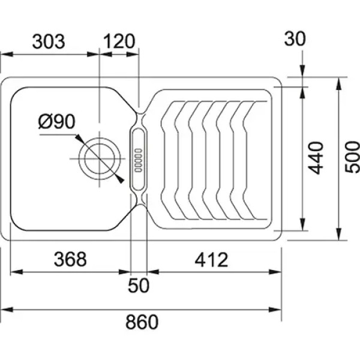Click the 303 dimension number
point(49,42)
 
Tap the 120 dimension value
point(119,41)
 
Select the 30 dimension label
point(295,38)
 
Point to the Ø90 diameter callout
point(57,121)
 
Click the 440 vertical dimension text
point(316,158)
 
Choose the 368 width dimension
point(70,259)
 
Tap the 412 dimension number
point(211,260)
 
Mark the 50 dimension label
point(139,286)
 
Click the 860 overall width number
point(142,322)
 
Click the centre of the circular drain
point(100,158)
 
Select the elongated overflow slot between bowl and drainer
point(139,160)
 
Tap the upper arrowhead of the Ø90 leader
point(79,138)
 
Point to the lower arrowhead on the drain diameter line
point(120,179)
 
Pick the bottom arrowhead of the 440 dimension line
point(302,224)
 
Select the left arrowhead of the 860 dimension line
point(7,310)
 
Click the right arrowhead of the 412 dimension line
point(275,272)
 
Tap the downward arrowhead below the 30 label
point(302,71)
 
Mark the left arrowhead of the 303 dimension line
point(7,55)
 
